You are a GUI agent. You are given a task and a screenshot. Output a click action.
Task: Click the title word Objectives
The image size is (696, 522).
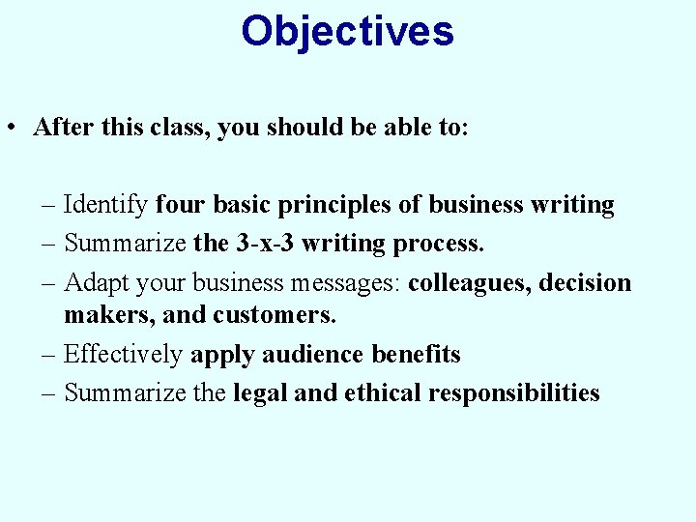click(347, 31)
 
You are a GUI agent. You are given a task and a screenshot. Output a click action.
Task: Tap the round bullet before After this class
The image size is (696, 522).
click(12, 129)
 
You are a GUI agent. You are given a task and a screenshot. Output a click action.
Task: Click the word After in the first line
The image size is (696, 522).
click(60, 128)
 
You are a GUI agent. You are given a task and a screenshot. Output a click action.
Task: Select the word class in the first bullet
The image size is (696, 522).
click(176, 128)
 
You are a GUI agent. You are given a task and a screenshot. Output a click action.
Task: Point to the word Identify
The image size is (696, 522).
click(105, 205)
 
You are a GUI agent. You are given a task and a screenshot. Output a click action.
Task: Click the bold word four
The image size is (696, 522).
click(181, 205)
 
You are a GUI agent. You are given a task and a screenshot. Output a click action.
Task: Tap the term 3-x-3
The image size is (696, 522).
click(265, 244)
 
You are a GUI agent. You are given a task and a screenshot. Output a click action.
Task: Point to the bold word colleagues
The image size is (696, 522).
click(469, 283)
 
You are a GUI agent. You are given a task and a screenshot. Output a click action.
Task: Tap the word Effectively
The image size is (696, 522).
click(123, 355)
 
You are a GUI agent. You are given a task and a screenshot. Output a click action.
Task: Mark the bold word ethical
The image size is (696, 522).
click(376, 393)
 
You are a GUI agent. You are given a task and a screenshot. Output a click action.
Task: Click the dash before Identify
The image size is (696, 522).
click(49, 205)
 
